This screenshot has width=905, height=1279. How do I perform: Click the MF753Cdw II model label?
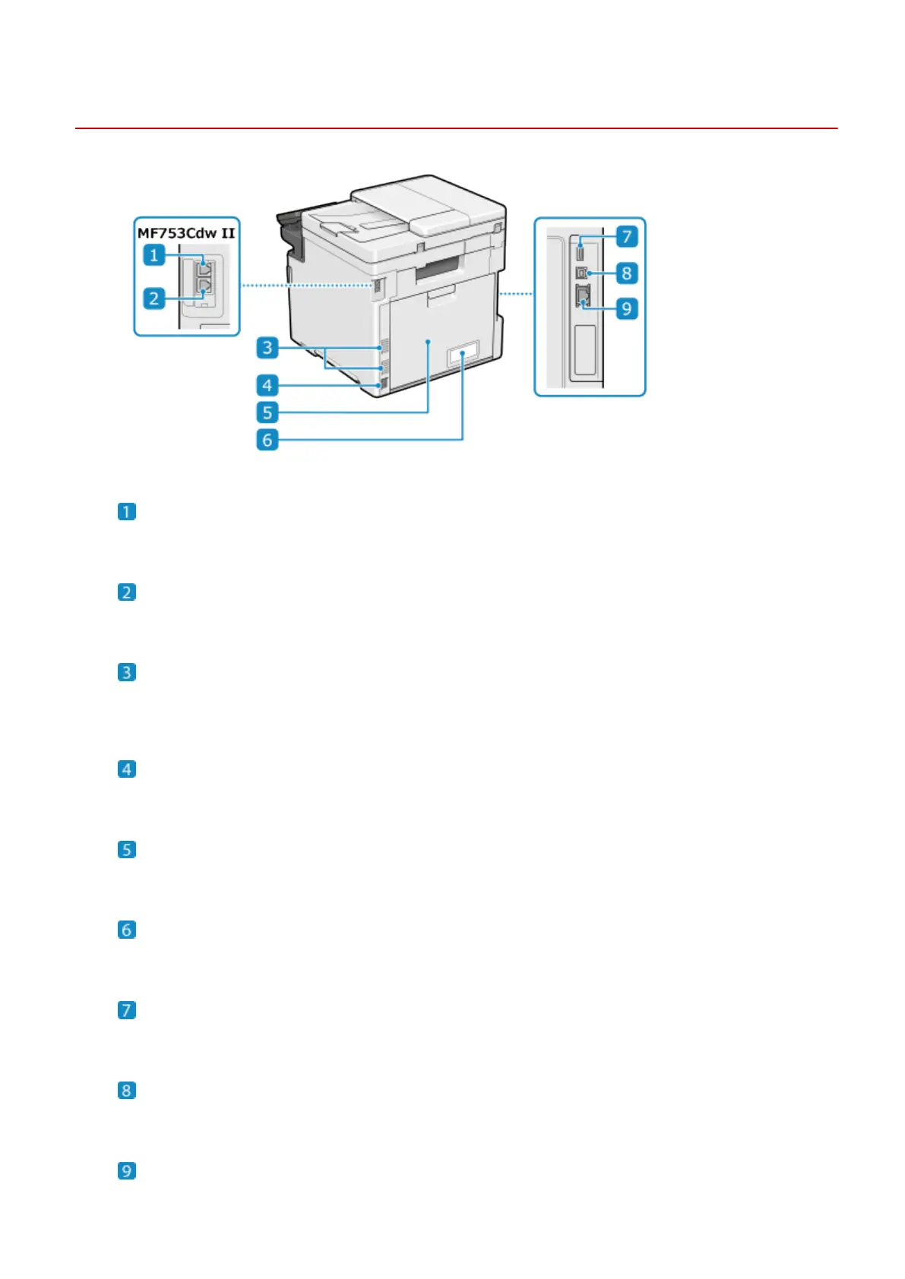[x=186, y=232]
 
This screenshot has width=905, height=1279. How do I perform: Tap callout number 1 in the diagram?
[x=154, y=255]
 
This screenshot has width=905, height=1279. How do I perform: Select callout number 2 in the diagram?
[x=154, y=298]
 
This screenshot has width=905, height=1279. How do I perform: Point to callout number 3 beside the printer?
[x=267, y=348]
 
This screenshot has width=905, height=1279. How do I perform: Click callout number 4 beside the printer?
[x=267, y=385]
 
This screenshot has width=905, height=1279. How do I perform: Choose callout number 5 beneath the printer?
[x=267, y=412]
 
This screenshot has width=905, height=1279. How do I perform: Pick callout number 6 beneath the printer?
[x=267, y=440]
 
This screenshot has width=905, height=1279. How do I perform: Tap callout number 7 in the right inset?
[x=626, y=236]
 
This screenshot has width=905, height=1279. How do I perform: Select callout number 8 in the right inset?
[x=626, y=273]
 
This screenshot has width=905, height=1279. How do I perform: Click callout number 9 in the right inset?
[x=626, y=308]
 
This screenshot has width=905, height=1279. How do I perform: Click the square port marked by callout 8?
[x=582, y=273]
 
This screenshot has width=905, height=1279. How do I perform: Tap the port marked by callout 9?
[x=583, y=298]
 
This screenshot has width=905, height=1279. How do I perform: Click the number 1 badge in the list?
[x=127, y=511]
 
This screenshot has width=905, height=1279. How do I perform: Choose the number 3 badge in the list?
[x=127, y=672]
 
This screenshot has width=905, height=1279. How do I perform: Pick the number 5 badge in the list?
[x=127, y=849]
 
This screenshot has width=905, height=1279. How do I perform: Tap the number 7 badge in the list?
[x=127, y=1010]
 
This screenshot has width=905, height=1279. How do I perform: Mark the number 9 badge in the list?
[x=127, y=1170]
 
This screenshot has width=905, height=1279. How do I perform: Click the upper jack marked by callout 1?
[x=204, y=267]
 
